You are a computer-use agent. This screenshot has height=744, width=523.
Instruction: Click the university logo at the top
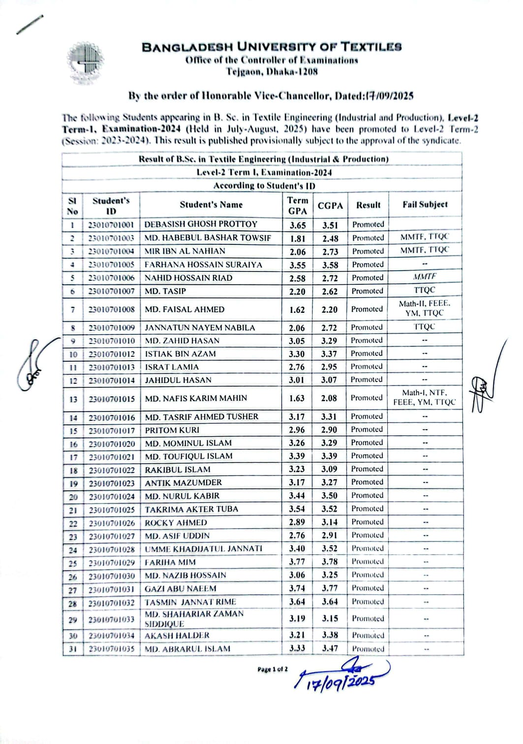[x=86, y=63]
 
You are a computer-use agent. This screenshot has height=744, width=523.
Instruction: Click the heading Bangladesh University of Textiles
[x=272, y=47]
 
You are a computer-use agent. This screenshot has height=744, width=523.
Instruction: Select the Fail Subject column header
[x=425, y=204]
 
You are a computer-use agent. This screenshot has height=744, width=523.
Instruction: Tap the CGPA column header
[x=330, y=205]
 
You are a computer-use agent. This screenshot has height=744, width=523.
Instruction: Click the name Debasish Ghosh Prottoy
[x=201, y=224]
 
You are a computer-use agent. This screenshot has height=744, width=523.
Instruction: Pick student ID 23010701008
[x=111, y=310]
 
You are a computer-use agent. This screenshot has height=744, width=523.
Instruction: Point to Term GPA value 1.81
[x=297, y=238]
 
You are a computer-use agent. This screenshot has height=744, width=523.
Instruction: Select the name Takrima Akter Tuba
[x=191, y=509]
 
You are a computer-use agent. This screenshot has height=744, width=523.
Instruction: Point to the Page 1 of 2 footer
[x=272, y=669]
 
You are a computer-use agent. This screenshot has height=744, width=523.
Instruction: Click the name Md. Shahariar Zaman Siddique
[x=194, y=618]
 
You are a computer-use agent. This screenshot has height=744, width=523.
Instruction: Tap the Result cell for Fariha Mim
[x=368, y=562]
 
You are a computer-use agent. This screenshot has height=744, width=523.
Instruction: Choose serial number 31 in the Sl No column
[x=72, y=649]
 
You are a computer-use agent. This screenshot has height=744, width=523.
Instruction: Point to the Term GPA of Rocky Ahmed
[x=297, y=522]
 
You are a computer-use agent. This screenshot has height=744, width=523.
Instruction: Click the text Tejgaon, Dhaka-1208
[x=272, y=71]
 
